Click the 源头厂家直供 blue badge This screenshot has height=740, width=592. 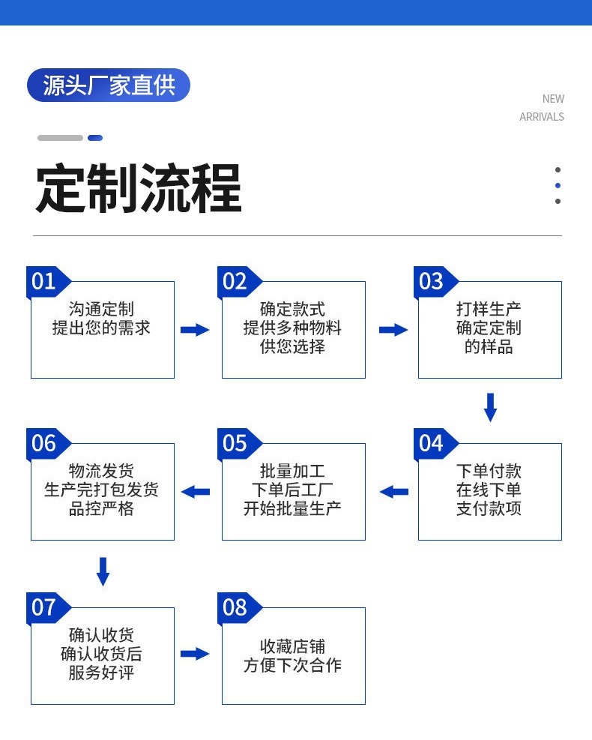pos(109,85)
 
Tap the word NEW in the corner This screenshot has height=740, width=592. pos(553,99)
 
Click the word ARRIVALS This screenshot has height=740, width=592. pos(541,117)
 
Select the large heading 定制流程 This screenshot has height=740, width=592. pos(139,189)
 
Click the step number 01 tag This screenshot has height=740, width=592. pos(45,281)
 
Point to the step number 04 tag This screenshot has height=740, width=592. pos(432,443)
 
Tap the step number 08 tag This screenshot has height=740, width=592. pos(235,607)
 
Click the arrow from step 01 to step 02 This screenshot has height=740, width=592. pos(195,330)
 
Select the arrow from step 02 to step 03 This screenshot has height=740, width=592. pos(393,330)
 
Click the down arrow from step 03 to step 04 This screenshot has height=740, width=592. pos(490,407)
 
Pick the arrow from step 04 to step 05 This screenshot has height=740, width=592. pos(393,492)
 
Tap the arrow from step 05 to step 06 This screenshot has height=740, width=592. pos(196,492)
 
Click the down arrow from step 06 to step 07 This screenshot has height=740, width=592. pos(103,571)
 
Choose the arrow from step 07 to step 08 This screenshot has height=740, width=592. pos(195,654)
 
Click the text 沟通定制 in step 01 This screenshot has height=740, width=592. pos(101,309)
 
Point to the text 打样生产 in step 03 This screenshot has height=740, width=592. pos(489,309)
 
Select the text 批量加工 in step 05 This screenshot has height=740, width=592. pos(292,472)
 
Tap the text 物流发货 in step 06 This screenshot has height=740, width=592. pos(101,472)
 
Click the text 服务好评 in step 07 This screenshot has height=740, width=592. pos(101,673)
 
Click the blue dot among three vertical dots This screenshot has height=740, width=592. pos(558,185)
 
